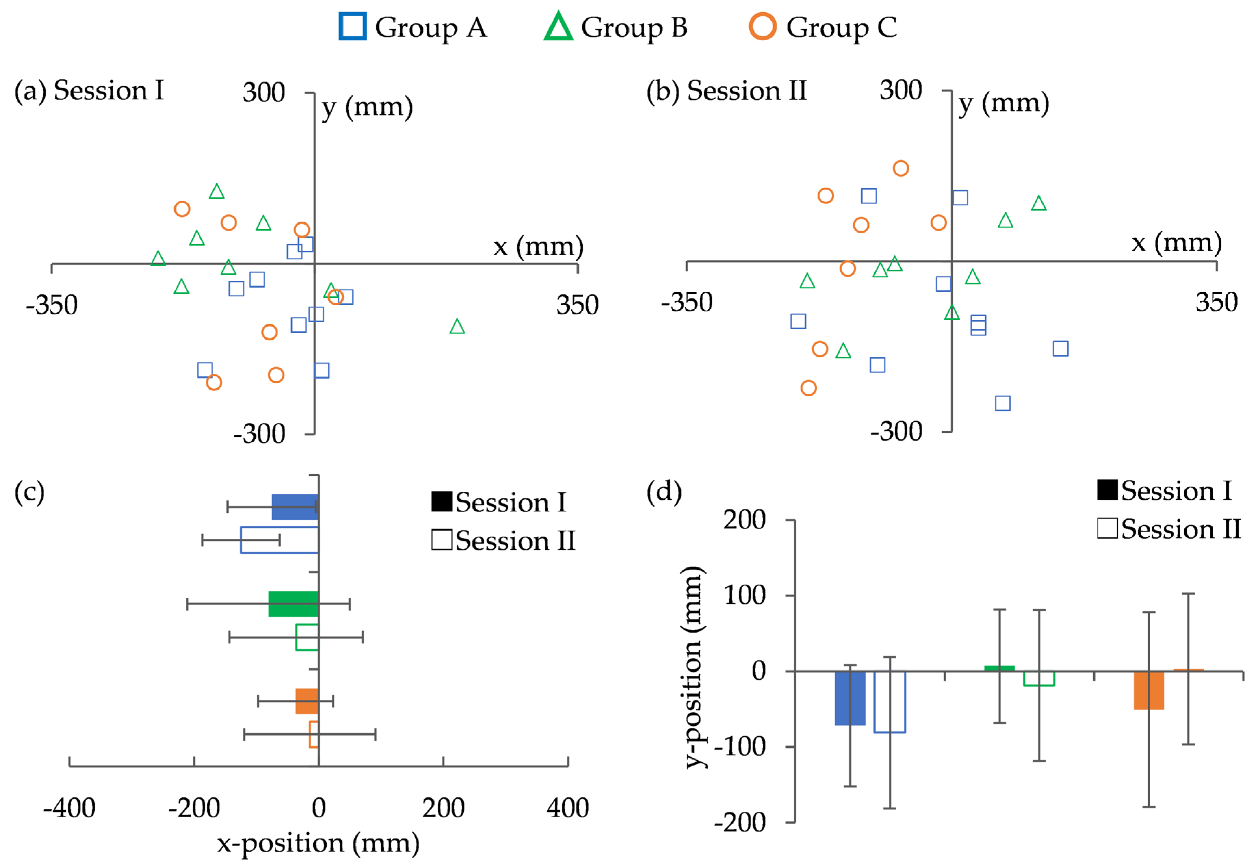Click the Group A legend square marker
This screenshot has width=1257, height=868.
pos(352,27)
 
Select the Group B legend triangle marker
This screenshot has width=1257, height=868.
pos(558,27)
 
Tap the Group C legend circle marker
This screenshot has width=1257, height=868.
pos(763,27)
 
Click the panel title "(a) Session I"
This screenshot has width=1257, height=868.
pos(89,90)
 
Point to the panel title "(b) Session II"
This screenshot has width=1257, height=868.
pos(726,90)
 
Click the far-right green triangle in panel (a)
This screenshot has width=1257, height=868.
pos(457,327)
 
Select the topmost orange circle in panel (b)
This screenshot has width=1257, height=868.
pos(901,168)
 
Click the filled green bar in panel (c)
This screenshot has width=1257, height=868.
pos(293,604)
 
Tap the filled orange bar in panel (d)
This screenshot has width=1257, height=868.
pos(1149,690)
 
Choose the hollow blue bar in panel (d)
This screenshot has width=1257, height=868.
pos(890,702)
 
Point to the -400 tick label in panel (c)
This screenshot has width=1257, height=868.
pos(69,808)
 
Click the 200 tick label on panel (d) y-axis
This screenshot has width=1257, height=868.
pos(744,520)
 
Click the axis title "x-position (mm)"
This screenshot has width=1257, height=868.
pos(319,843)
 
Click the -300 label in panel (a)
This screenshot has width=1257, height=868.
pos(259,434)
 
